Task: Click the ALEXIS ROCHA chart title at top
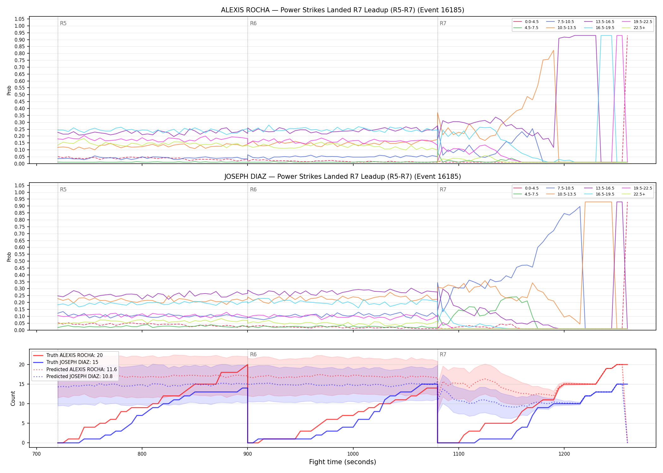click(x=343, y=10)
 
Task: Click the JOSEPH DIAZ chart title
click(x=343, y=177)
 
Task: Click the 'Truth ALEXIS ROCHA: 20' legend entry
click(x=75, y=355)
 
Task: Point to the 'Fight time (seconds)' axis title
click(x=343, y=462)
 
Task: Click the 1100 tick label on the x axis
click(x=458, y=454)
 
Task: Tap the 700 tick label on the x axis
click(x=37, y=454)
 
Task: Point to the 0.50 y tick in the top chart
click(x=20, y=95)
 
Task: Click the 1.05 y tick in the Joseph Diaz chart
click(x=20, y=185)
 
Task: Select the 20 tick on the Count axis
click(x=22, y=365)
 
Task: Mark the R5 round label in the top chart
click(x=63, y=23)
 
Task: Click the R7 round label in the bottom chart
click(x=443, y=354)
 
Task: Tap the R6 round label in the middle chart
click(x=253, y=190)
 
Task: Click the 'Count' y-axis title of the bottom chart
click(x=13, y=398)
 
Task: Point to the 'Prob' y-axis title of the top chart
click(x=9, y=90)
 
